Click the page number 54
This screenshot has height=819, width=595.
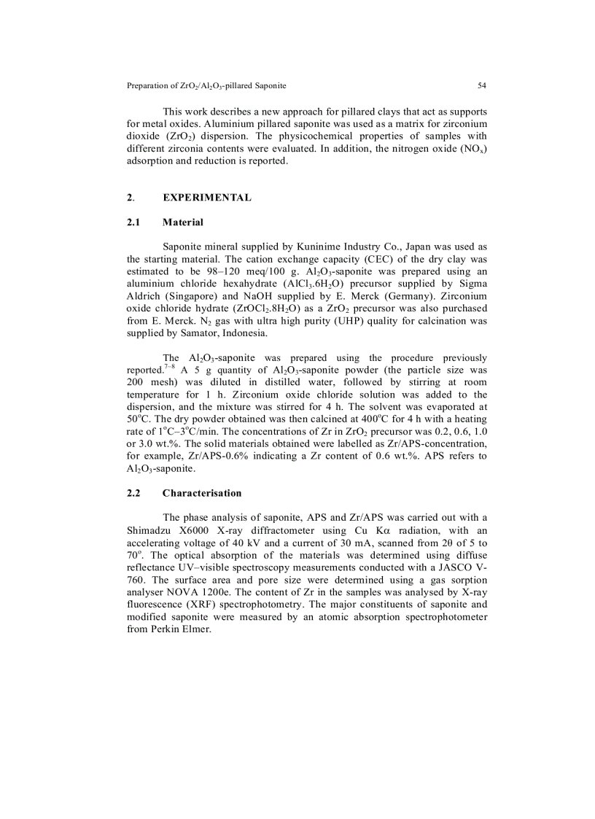tap(481, 86)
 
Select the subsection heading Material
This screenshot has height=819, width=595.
tap(183, 222)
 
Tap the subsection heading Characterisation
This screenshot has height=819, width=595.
tap(202, 493)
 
